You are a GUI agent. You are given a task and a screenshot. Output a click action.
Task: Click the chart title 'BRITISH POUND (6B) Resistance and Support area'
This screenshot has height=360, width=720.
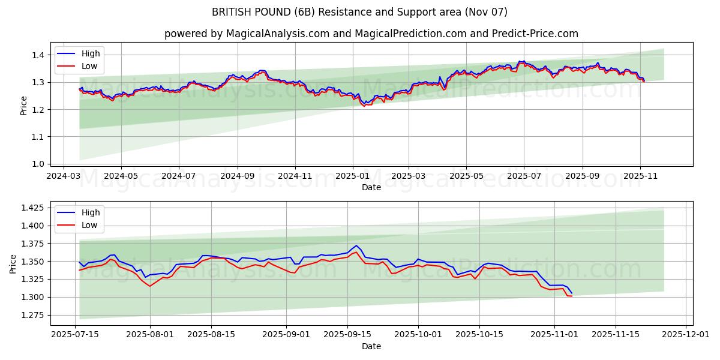point(359,12)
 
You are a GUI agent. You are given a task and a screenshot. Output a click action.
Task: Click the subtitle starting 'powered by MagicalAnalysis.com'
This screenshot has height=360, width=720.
point(371,34)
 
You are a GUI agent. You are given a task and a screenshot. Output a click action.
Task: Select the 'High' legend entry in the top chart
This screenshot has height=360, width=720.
point(91,53)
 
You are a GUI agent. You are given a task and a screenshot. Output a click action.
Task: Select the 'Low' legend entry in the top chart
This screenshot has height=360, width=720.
point(89,67)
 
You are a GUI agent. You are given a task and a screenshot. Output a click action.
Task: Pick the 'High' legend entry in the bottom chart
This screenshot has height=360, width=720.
point(91,212)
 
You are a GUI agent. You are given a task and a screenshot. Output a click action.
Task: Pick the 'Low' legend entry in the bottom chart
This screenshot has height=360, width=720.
point(89,225)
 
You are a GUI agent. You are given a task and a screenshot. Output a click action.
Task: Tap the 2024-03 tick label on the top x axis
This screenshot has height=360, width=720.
point(64,177)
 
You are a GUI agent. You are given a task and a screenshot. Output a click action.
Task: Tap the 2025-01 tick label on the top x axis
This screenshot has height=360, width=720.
point(352,177)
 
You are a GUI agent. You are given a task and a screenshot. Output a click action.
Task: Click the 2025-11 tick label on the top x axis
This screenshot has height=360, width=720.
point(640,177)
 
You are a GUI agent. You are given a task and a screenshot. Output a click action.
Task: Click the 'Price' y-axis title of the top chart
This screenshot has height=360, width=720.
point(23,105)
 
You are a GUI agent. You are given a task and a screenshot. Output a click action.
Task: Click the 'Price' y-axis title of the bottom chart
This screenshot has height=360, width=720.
point(13,263)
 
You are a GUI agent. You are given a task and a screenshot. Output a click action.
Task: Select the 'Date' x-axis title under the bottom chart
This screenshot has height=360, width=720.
point(371,346)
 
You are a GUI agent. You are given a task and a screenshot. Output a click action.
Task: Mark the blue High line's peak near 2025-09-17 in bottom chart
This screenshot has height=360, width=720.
point(356,245)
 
